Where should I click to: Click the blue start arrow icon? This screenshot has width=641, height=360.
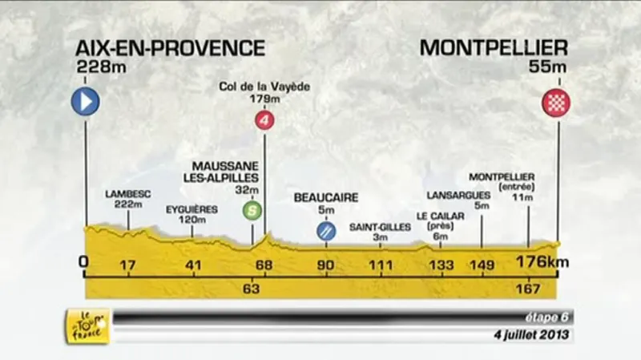[x=84, y=102]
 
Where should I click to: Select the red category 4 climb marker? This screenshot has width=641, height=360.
[x=264, y=121]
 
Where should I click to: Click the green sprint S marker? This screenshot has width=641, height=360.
[x=252, y=212]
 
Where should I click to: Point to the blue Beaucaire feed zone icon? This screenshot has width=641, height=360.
[x=326, y=232]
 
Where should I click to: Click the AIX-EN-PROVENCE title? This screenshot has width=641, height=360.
[x=171, y=48]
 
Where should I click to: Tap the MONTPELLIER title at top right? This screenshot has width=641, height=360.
[x=494, y=48]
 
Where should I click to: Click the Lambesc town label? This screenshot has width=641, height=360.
[x=127, y=193]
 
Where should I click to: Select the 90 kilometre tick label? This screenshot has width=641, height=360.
[x=326, y=265]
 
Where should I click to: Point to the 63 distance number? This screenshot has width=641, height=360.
[x=252, y=289]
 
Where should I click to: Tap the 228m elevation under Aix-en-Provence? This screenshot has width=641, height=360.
[x=95, y=68]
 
